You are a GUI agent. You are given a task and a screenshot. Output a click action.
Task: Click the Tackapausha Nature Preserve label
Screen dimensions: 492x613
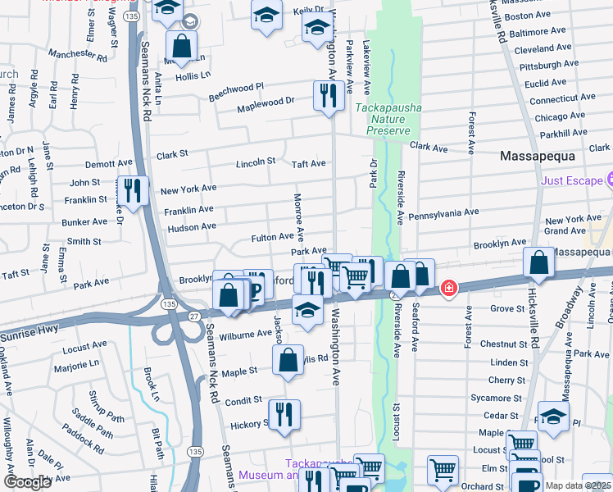388,119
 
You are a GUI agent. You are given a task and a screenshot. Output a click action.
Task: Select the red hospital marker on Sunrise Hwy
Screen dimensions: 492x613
448,288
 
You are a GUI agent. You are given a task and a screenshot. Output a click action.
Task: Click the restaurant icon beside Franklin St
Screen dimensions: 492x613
132,191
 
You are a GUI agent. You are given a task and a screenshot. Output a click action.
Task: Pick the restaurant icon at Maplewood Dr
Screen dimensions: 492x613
326,95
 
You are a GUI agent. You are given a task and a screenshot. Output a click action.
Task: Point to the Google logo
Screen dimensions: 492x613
27,482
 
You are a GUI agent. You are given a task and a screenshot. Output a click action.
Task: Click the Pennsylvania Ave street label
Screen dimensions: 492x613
443,212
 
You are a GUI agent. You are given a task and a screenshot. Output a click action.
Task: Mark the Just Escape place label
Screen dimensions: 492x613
570,180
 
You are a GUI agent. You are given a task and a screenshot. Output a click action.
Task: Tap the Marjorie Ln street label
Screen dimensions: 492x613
78,362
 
